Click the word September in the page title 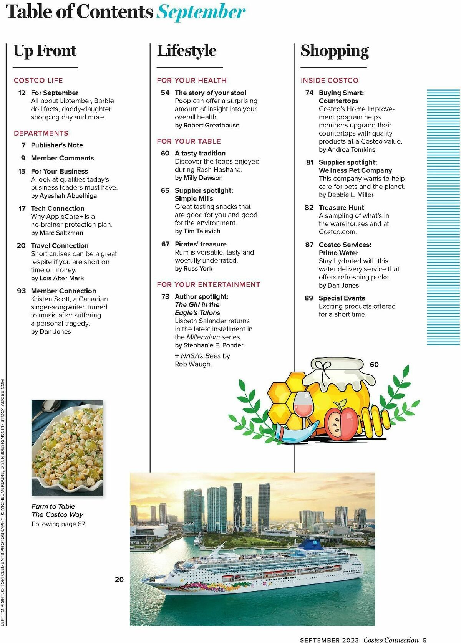click(201, 12)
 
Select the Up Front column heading click(45, 51)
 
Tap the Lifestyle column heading click(187, 51)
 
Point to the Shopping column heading click(335, 51)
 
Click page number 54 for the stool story click(165, 93)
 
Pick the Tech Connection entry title click(58, 208)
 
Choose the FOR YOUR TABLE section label click(189, 141)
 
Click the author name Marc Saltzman click(61, 233)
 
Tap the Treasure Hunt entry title click(342, 207)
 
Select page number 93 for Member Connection click(22, 291)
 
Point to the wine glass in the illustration click(303, 407)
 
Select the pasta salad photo click(67, 448)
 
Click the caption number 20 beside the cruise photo click(119, 579)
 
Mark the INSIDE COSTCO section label click(330, 80)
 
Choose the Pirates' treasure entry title click(201, 244)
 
